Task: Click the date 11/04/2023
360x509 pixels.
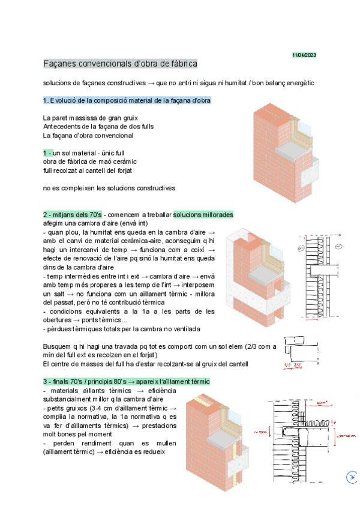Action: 304,55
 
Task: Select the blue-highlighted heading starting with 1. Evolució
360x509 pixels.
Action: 127,100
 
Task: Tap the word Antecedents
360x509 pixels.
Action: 62,127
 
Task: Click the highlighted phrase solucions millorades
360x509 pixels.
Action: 203,215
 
